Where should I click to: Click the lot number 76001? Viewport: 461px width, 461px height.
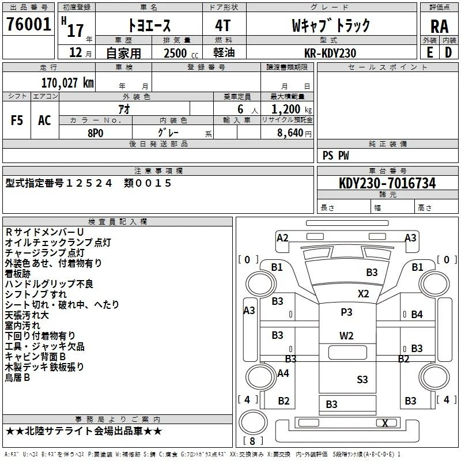[28, 24]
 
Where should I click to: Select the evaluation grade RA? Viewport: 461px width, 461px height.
[440, 27]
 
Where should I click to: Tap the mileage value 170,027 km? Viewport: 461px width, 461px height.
[67, 83]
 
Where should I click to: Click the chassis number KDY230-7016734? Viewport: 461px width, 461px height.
[387, 183]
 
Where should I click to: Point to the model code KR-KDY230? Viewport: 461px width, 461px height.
[330, 53]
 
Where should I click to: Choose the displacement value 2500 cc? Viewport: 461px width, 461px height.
[181, 53]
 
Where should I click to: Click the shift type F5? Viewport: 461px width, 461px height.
[17, 120]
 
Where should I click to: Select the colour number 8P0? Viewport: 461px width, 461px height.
[96, 133]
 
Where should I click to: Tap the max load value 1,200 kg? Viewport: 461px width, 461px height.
[292, 109]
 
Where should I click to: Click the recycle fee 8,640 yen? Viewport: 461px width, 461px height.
[294, 133]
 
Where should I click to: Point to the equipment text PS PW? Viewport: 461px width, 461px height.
[335, 156]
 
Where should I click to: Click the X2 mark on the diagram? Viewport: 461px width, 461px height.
[364, 294]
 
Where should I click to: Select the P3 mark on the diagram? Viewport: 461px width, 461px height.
[346, 312]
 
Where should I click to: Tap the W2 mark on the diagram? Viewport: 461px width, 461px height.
[346, 336]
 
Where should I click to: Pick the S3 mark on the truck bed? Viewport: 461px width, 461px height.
[362, 380]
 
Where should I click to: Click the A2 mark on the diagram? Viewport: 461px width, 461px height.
[282, 238]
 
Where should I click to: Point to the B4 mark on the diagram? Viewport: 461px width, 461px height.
[417, 315]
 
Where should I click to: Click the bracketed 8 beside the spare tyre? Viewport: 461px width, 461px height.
[252, 441]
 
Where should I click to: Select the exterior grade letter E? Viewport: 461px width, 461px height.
[429, 52]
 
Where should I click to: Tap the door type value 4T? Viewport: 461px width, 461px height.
[223, 25]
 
